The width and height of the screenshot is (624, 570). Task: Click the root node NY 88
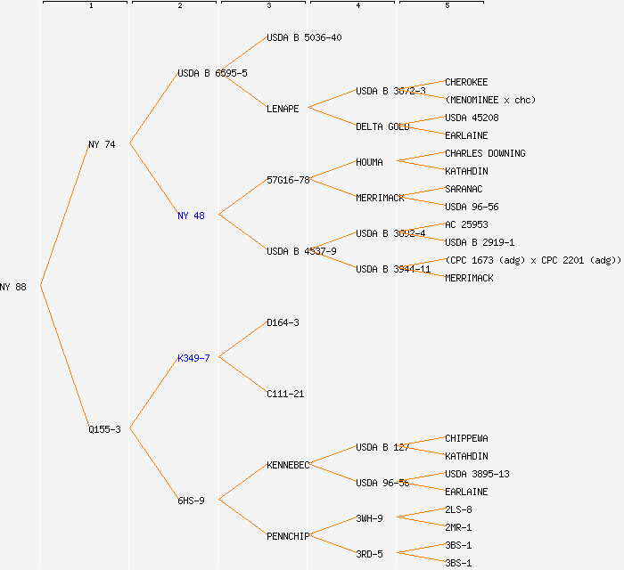(13, 287)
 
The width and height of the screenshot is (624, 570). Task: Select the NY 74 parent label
(102, 144)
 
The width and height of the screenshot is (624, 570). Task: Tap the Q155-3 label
(104, 429)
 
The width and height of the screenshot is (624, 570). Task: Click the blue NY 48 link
(191, 216)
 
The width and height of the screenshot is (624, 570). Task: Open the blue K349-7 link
(193, 358)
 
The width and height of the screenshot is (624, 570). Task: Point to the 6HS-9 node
(191, 501)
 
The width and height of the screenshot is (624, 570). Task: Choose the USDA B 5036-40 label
(304, 37)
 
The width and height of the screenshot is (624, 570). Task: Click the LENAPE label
(283, 109)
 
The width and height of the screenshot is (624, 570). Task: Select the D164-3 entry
(283, 322)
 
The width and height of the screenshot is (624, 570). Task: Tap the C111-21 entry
(285, 394)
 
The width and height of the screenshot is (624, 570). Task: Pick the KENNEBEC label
(288, 465)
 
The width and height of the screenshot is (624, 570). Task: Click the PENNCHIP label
(288, 536)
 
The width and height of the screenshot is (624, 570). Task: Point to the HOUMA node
(369, 162)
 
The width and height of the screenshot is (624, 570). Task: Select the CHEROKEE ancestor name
(466, 82)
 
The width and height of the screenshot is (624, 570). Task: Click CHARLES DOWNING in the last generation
(485, 153)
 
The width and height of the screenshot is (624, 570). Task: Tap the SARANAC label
(464, 189)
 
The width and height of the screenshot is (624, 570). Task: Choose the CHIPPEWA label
(466, 438)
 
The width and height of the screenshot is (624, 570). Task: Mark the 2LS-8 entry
(458, 509)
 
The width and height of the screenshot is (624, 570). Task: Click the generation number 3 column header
(268, 6)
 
